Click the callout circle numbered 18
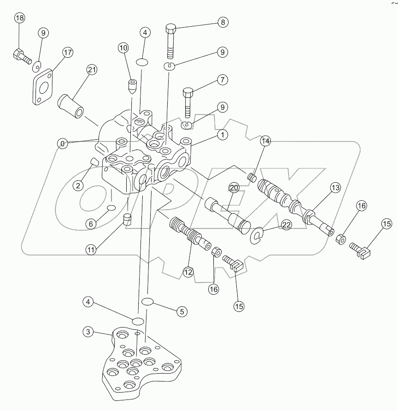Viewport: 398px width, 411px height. click(19, 18)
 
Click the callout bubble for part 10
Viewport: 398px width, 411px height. click(123, 47)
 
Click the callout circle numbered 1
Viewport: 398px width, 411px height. click(222, 135)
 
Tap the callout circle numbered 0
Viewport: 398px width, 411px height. click(62, 143)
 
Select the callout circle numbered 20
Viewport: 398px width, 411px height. click(234, 188)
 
